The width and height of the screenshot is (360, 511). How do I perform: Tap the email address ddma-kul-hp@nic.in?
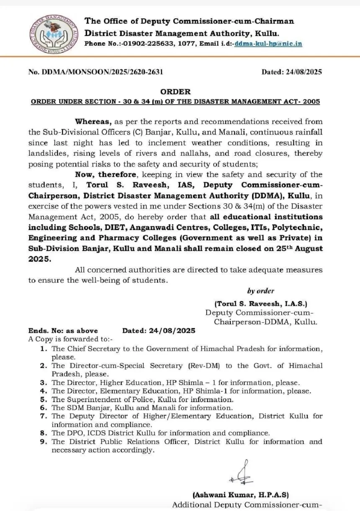268,44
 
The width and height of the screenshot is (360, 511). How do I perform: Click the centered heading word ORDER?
175,92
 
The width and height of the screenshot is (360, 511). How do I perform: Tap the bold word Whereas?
93,122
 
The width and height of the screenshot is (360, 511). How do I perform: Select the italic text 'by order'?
260,291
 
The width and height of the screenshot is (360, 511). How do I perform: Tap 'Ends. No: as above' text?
63,331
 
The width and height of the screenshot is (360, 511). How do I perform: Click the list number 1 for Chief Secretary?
44,349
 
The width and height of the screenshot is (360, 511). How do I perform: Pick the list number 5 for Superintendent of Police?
44,399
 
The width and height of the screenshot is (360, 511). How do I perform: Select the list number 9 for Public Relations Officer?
44,442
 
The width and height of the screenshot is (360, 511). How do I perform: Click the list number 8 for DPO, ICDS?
44,433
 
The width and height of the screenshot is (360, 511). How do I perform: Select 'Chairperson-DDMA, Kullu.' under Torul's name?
265,322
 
